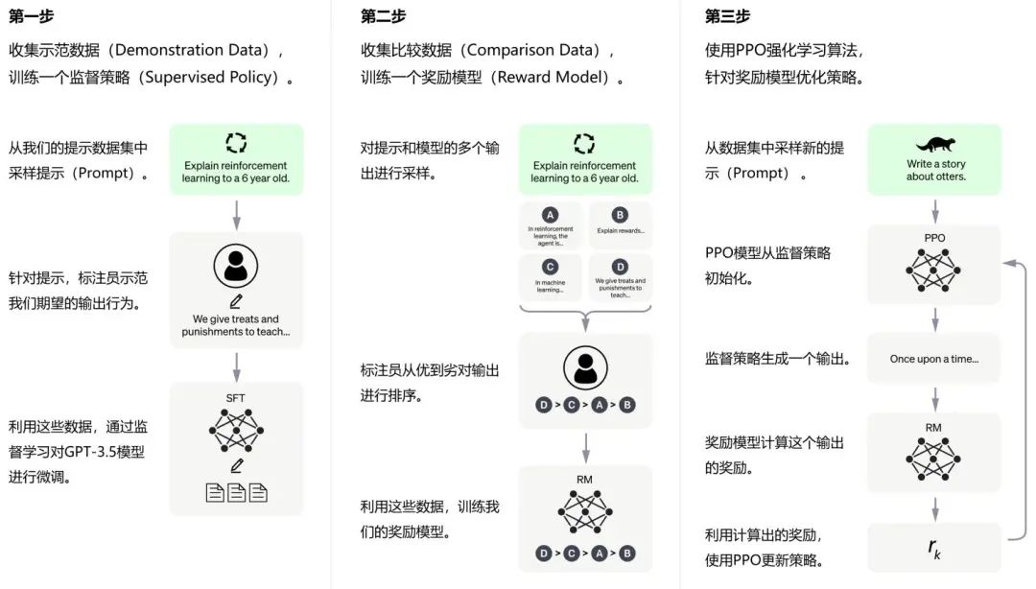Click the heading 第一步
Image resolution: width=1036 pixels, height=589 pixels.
(x=31, y=15)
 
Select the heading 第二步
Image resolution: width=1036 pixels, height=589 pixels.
(x=383, y=15)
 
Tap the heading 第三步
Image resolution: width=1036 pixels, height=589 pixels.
(x=727, y=15)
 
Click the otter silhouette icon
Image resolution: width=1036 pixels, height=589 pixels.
(x=935, y=145)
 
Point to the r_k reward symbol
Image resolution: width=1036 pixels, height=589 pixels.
(x=934, y=548)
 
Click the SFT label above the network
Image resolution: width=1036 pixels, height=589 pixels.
(x=236, y=397)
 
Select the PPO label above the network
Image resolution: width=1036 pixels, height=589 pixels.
(x=934, y=238)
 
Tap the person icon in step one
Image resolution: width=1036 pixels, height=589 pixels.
(x=236, y=266)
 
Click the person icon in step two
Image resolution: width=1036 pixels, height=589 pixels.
(x=584, y=366)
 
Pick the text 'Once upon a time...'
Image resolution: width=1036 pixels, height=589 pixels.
(x=934, y=359)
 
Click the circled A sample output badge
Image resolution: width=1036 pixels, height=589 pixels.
(x=550, y=215)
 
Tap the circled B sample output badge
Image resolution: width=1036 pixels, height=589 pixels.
(x=620, y=215)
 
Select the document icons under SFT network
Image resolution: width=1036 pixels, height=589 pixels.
(x=236, y=493)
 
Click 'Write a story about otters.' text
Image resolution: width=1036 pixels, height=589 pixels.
(x=936, y=170)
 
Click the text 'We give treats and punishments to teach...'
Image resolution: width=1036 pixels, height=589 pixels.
(x=236, y=326)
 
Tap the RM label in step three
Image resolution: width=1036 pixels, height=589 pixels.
(x=934, y=426)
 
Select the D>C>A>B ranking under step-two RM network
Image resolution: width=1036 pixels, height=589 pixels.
(x=584, y=553)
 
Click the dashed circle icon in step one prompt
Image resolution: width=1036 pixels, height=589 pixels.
(x=236, y=143)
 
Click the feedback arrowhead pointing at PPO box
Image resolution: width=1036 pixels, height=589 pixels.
(x=1004, y=261)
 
